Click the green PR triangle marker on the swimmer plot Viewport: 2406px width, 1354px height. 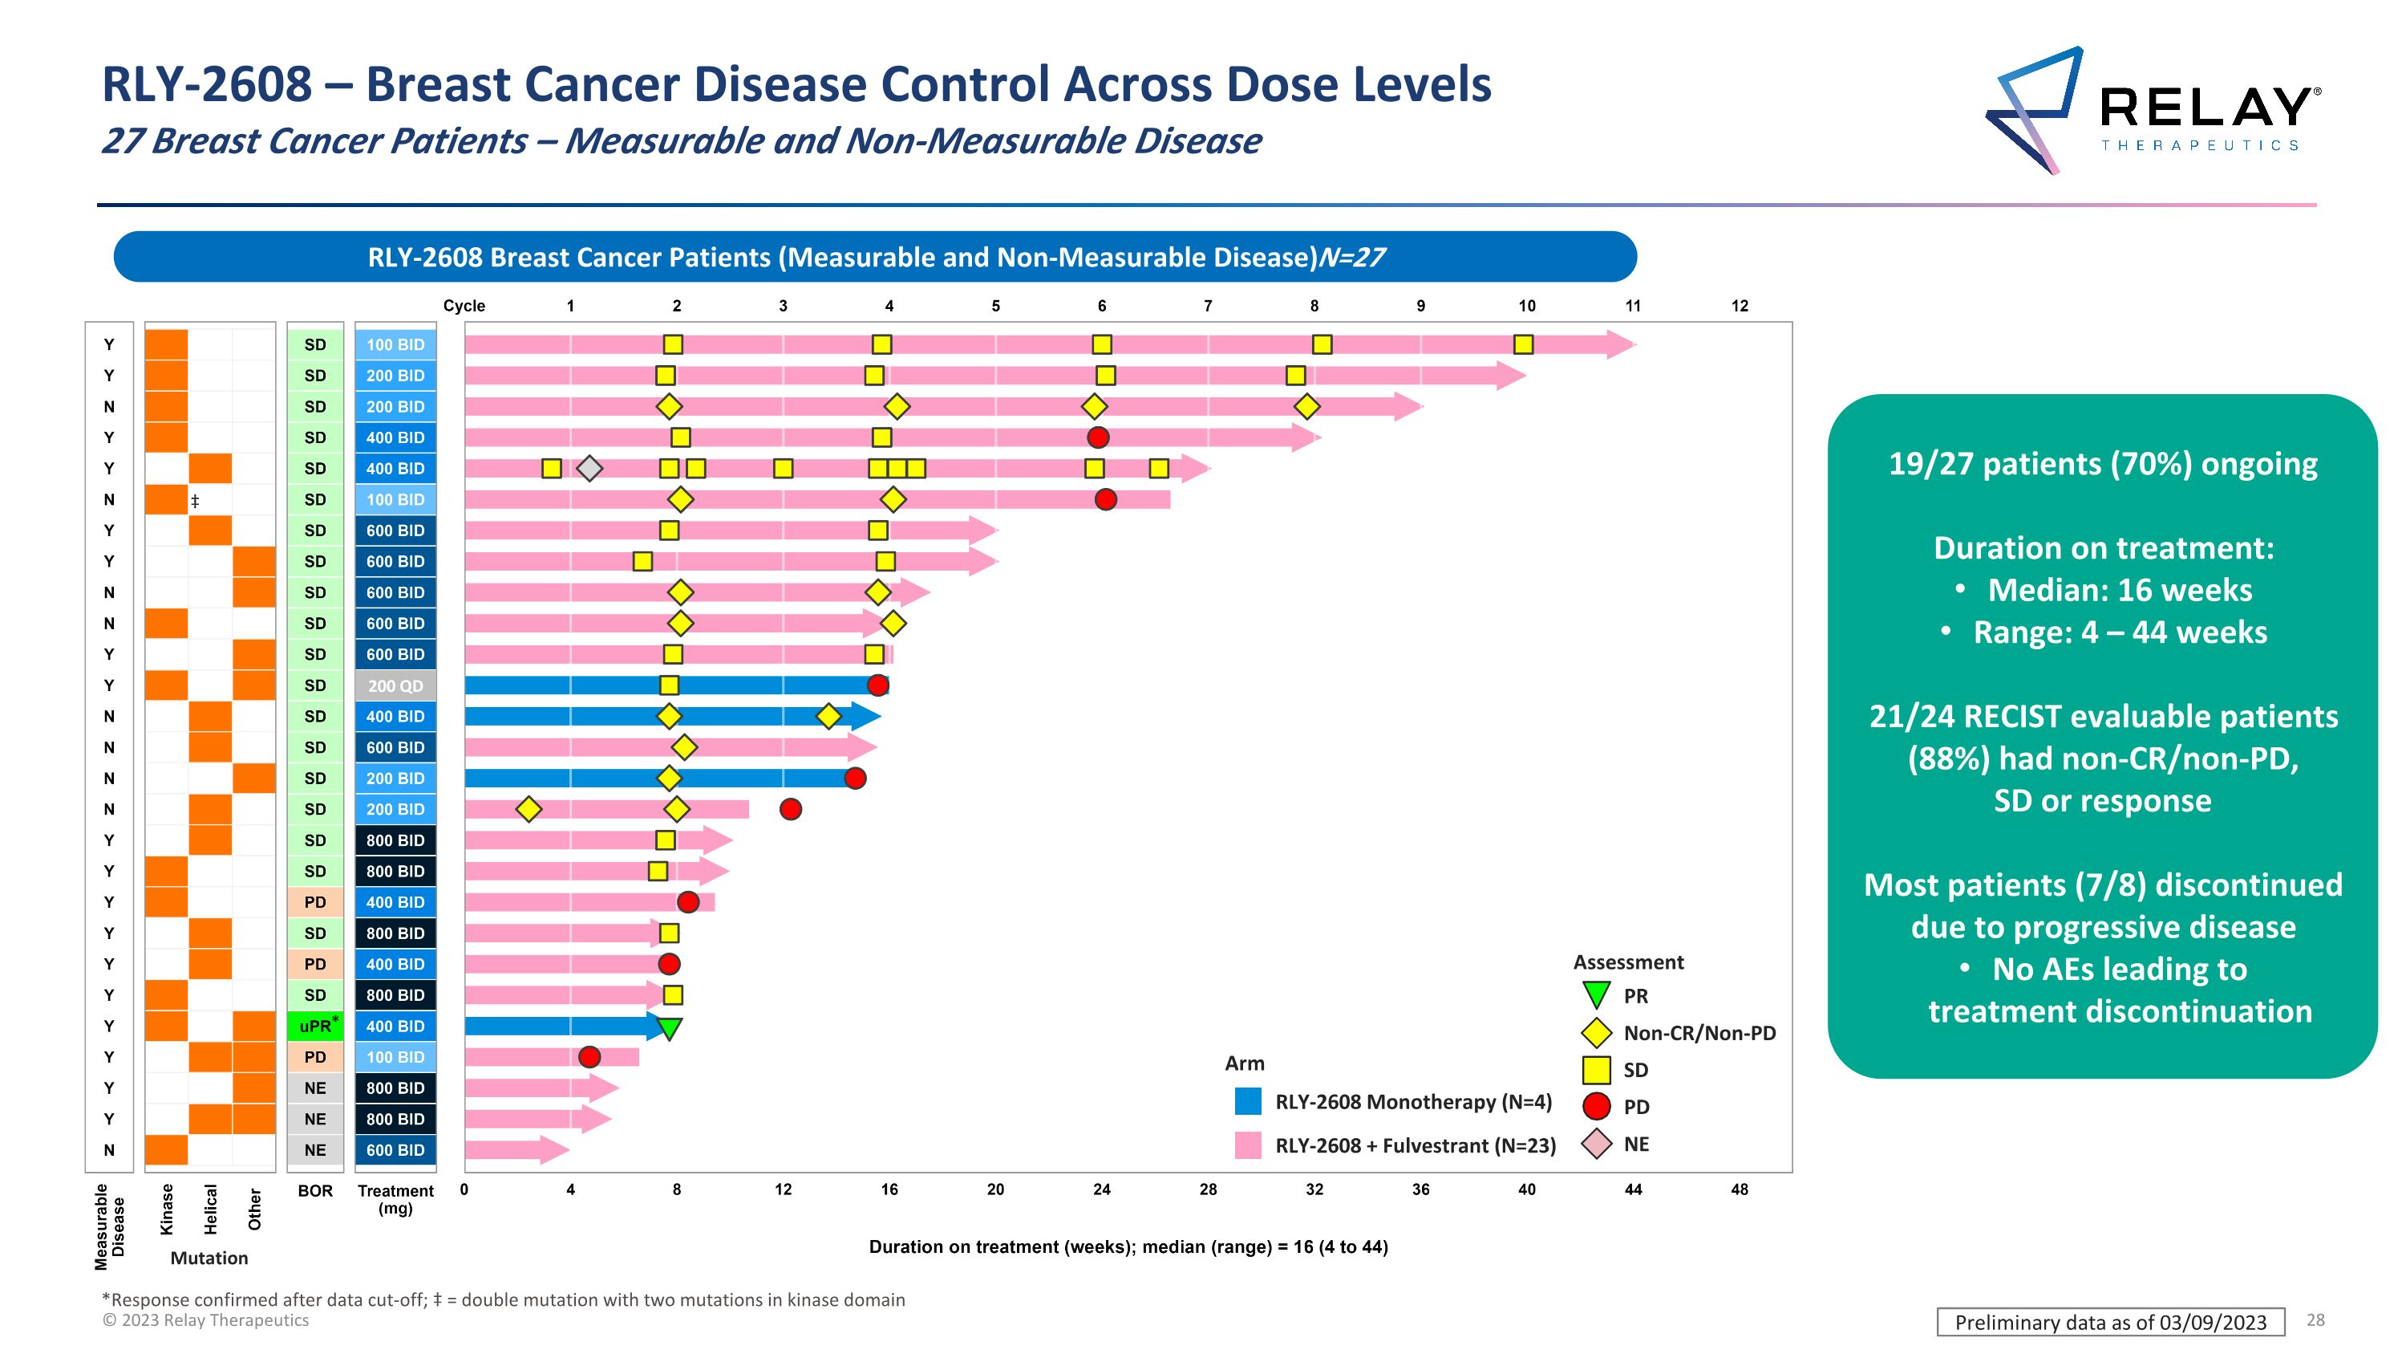(669, 1029)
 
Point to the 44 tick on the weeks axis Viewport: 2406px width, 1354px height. (1633, 1189)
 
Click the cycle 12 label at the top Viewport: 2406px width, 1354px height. (1739, 306)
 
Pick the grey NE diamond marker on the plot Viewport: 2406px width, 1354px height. (589, 468)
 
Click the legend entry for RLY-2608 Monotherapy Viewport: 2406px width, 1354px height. (1412, 1102)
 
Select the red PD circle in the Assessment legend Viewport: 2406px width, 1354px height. (1597, 1106)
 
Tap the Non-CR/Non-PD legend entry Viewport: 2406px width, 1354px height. (1699, 1032)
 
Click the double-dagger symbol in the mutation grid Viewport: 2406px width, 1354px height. (195, 502)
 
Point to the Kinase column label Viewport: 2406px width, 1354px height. (167, 1210)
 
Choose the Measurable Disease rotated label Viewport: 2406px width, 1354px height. (109, 1226)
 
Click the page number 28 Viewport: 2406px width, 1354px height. (2315, 1319)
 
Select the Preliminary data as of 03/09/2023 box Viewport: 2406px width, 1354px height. (2110, 1322)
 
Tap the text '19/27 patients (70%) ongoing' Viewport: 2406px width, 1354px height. (2103, 465)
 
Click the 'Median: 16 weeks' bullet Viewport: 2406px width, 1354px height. (2118, 591)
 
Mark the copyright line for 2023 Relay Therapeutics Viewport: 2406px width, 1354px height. (205, 1320)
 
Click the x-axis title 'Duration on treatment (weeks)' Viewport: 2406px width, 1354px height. (1128, 1246)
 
